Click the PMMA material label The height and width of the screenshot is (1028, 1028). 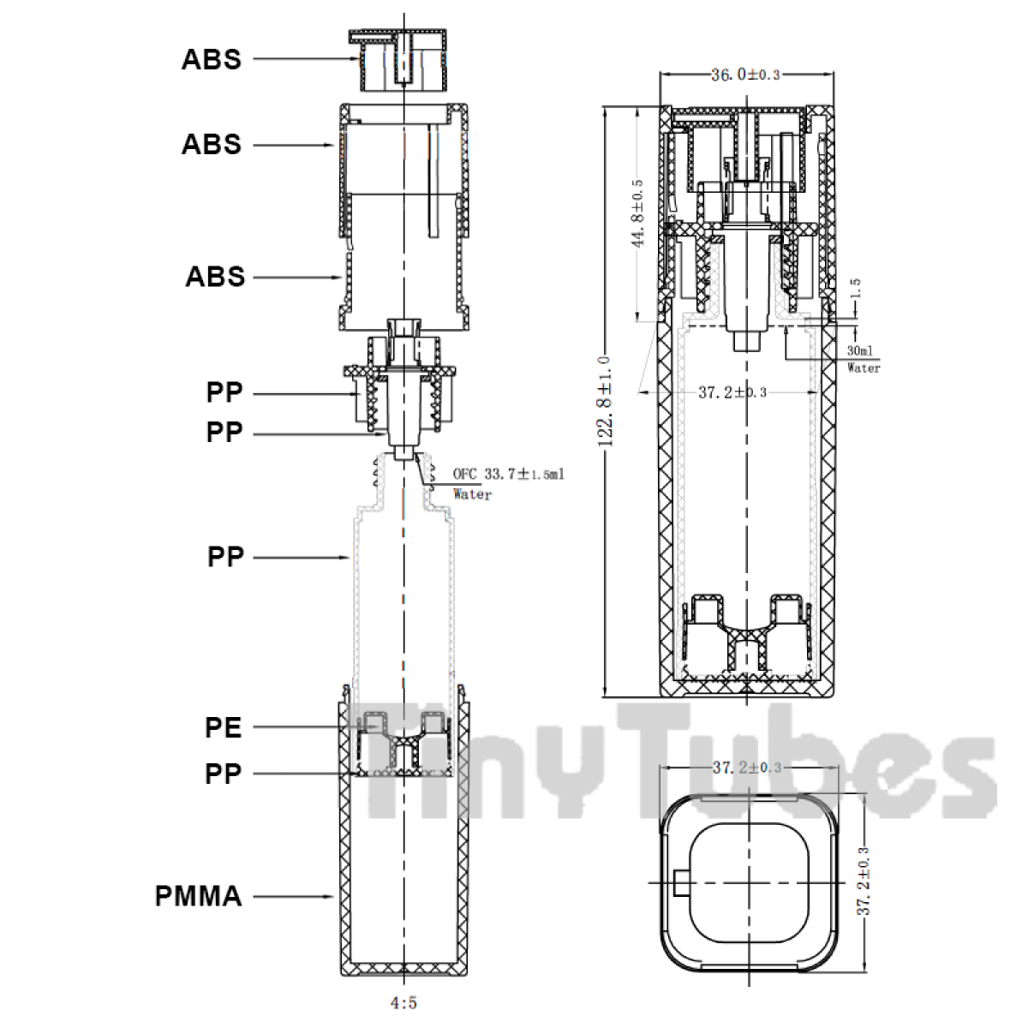tap(199, 896)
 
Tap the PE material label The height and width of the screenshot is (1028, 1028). tap(224, 727)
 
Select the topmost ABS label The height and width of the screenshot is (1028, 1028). tap(212, 59)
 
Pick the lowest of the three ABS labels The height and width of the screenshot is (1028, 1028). tap(215, 277)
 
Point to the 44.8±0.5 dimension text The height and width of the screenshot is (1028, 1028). tap(637, 213)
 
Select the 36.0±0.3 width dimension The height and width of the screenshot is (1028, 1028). tap(746, 75)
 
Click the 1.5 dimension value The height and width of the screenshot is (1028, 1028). tap(856, 288)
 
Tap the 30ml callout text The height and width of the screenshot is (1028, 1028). tap(860, 350)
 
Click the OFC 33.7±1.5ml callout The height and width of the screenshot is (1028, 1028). tap(508, 474)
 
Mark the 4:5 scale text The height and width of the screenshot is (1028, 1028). tap(403, 1003)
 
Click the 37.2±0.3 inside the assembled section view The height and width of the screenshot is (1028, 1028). tap(732, 392)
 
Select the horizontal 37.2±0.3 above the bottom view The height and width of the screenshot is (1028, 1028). tap(747, 768)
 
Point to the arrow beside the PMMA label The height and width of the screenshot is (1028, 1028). tap(293, 896)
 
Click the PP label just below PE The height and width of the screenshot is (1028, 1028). tap(224, 774)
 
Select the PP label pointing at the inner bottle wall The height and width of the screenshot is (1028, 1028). tap(225, 558)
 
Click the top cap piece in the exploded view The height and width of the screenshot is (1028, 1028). tap(398, 60)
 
